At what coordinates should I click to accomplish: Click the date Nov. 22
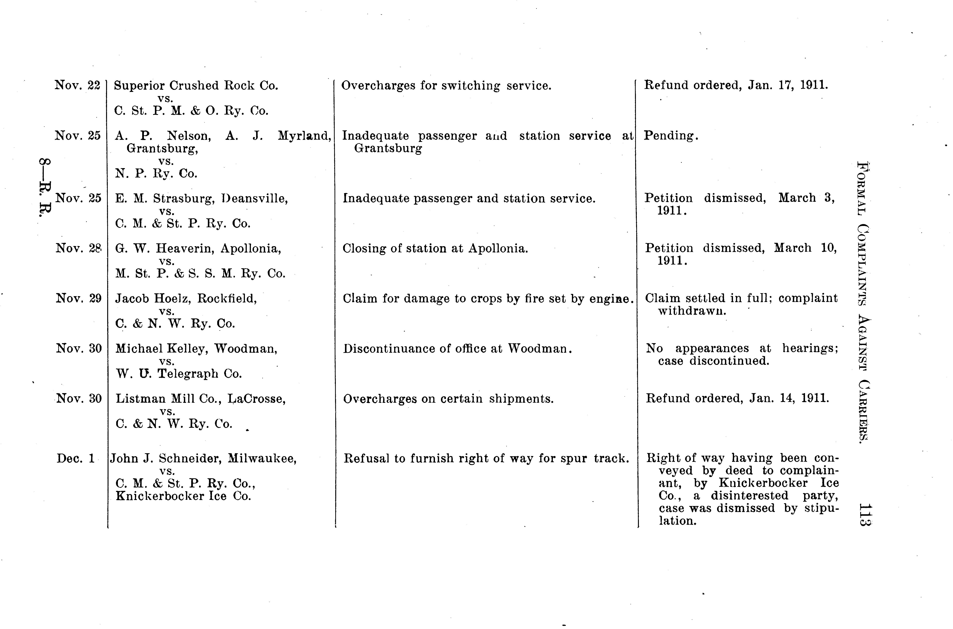tap(77, 85)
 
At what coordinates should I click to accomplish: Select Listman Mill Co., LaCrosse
tap(201, 399)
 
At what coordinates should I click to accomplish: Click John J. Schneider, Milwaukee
tap(203, 458)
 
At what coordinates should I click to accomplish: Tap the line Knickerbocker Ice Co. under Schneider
tap(183, 496)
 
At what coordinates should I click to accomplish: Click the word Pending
tap(671, 136)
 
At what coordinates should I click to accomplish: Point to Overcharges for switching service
tap(446, 85)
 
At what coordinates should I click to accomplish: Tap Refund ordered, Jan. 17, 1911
tap(736, 85)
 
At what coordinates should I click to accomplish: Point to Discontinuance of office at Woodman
tap(457, 349)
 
